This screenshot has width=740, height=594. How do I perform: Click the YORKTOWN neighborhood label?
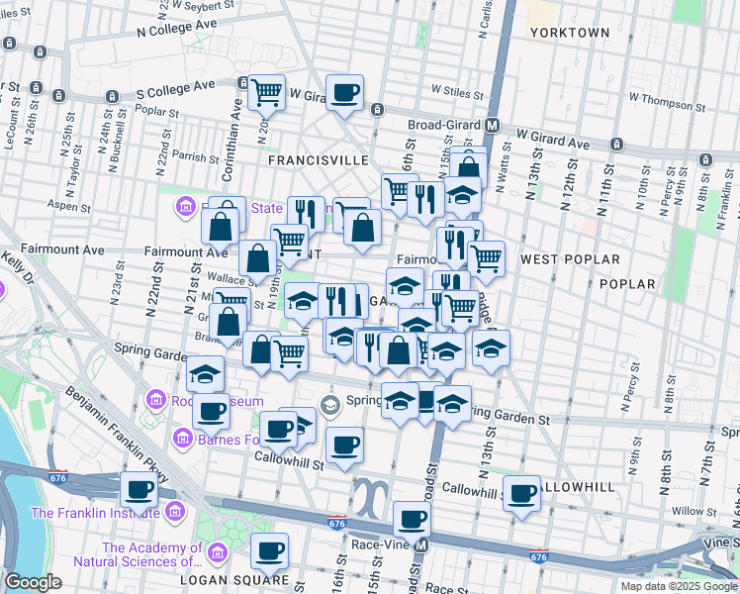[569, 33]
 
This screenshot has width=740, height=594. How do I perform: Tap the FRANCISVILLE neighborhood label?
[319, 159]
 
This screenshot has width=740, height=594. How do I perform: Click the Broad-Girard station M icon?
[491, 126]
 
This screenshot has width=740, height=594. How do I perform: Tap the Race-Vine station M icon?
[422, 544]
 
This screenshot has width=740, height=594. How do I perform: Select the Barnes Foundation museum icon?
[183, 438]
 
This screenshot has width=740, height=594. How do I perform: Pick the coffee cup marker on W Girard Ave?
[344, 93]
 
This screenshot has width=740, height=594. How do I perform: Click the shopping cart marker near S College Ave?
[266, 93]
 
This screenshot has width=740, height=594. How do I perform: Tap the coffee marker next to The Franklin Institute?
[139, 489]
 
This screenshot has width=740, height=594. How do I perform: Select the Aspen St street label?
[69, 208]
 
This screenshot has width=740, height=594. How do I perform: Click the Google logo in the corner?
[33, 582]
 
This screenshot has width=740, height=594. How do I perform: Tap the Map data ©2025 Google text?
[678, 586]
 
